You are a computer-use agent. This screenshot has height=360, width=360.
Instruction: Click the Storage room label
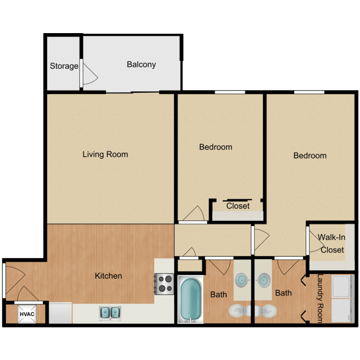tap(64, 66)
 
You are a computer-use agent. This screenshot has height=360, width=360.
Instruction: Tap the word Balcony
tap(141, 64)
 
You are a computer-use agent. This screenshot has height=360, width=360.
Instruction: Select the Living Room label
tap(105, 154)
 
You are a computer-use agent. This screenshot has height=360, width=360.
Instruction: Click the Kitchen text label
tap(108, 276)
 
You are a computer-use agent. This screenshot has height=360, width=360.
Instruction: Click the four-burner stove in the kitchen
tap(164, 284)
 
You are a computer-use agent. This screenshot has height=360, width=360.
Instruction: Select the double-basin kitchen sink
tap(110, 313)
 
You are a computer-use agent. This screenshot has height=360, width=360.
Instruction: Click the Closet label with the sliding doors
tap(238, 206)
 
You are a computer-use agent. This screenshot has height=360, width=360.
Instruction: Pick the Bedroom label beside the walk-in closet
tap(310, 156)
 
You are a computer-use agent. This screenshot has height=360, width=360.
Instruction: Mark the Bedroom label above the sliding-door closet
tap(216, 147)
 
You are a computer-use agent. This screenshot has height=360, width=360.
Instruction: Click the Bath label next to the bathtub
tap(218, 294)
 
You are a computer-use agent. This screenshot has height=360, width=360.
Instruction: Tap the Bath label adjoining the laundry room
tap(283, 293)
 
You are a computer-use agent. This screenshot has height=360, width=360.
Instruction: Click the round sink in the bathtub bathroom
tap(241, 279)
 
